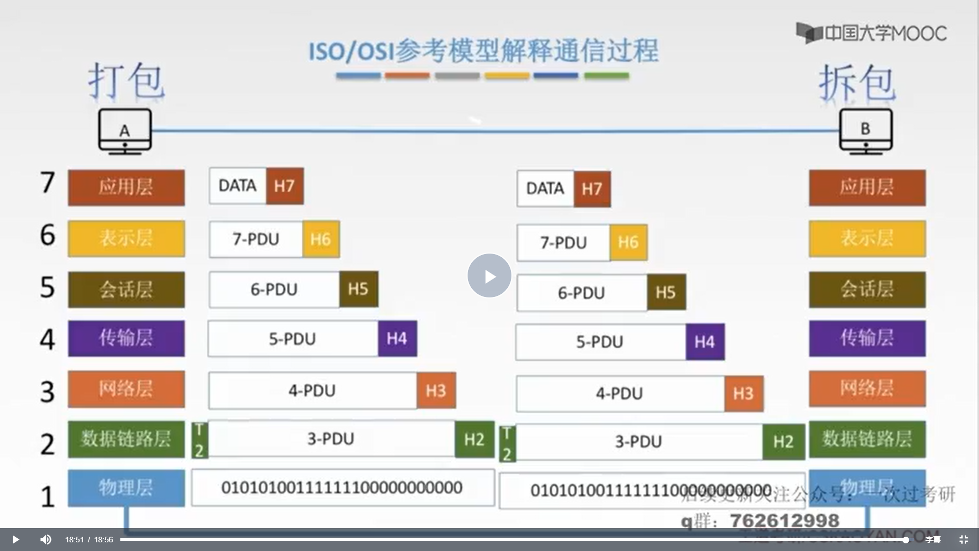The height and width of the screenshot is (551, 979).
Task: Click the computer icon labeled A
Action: [x=125, y=132]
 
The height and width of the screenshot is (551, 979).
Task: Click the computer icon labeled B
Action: [x=866, y=131]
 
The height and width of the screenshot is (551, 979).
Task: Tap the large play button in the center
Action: [x=489, y=275]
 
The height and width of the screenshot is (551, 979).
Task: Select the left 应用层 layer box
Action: [x=126, y=187]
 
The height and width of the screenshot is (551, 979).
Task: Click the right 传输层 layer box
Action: [x=867, y=338]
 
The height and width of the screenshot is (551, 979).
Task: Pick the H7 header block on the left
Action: [x=285, y=186]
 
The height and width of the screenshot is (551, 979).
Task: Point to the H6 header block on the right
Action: [x=628, y=242]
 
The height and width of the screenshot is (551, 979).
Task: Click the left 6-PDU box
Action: [x=274, y=289]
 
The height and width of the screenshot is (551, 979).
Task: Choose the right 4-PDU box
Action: [x=620, y=393]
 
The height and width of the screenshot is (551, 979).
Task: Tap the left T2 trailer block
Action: [x=200, y=440]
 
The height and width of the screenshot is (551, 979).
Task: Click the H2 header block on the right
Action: [x=783, y=441]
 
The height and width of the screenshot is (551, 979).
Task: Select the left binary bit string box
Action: [x=343, y=488]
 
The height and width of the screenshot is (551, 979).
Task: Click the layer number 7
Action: [x=47, y=183]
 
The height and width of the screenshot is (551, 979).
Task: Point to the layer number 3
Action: [x=47, y=392]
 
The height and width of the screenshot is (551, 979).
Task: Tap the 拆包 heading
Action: [x=857, y=83]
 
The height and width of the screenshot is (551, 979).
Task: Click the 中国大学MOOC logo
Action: [x=871, y=33]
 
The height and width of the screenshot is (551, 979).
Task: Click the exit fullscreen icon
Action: [x=963, y=539]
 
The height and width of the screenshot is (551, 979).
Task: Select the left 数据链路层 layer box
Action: [x=126, y=439]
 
